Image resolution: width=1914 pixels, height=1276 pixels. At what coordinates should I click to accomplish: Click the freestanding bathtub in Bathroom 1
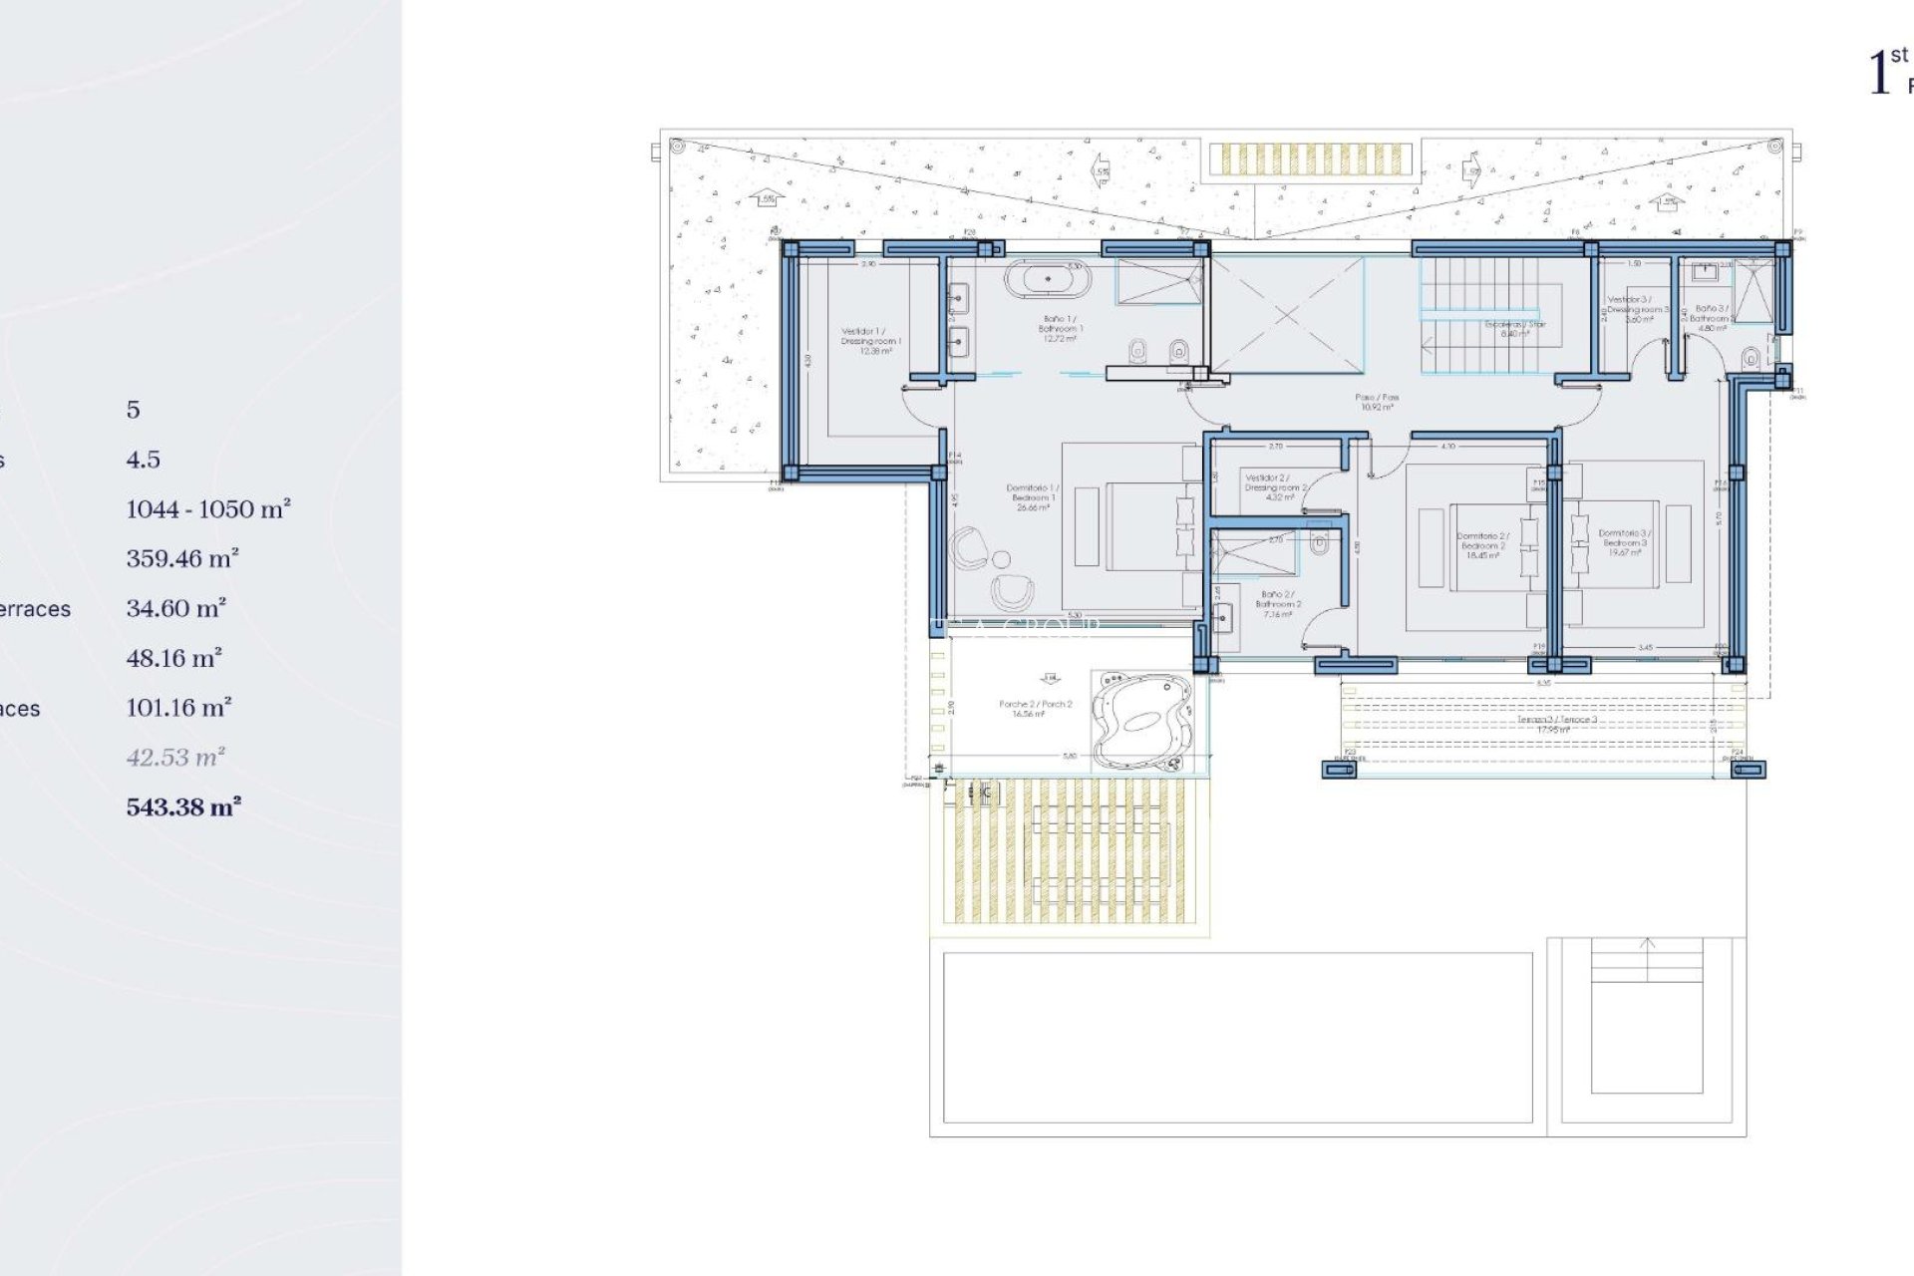point(1047,279)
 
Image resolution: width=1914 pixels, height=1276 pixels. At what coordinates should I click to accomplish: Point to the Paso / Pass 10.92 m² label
point(1377,402)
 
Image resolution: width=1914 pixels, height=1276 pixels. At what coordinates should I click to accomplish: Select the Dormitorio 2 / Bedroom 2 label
point(1481,544)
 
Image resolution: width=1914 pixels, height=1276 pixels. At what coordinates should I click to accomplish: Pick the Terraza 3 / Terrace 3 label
point(1543,724)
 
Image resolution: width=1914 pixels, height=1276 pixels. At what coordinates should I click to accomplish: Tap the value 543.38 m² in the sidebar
point(183,807)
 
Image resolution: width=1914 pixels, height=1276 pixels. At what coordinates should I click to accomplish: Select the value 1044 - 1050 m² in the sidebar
point(207,509)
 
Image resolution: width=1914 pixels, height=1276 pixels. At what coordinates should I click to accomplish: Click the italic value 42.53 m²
point(175,758)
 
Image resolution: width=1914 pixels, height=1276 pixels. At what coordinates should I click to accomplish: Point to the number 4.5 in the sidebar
point(143,460)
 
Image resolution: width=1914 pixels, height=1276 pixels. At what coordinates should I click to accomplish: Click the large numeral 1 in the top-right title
point(1878,74)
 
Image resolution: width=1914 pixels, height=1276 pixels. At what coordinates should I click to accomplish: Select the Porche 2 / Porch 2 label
point(1035,708)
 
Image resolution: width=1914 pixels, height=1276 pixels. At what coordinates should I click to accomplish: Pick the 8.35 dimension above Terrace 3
point(1543,684)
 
